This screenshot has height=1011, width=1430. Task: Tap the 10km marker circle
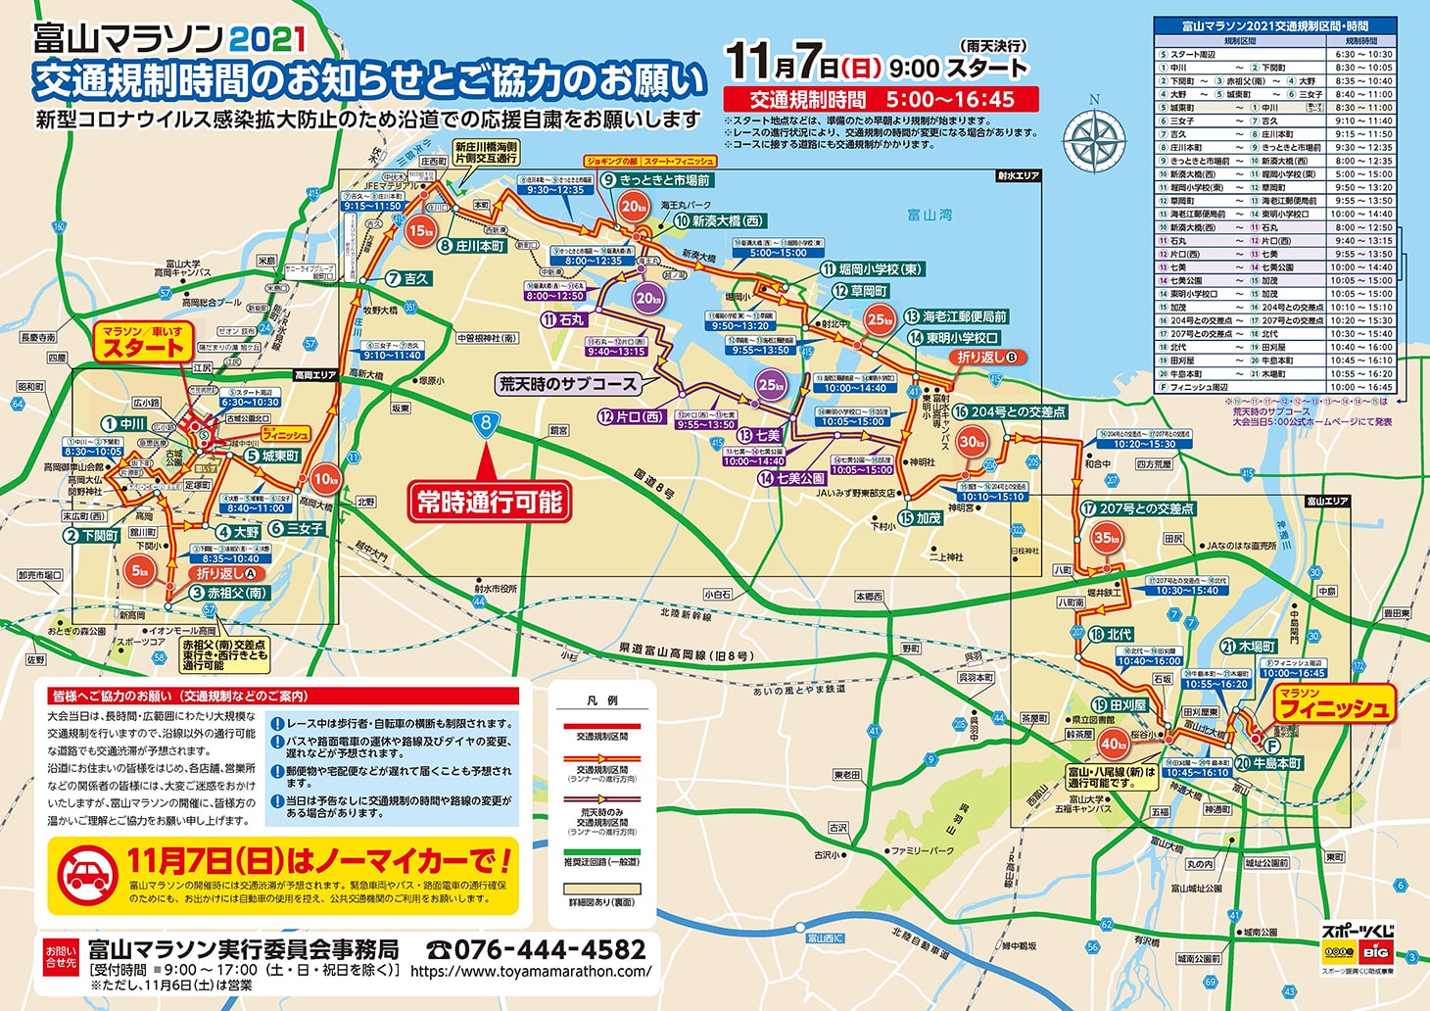pyautogui.click(x=325, y=479)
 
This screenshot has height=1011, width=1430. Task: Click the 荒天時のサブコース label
pyautogui.click(x=569, y=384)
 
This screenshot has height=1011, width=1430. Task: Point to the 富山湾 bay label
pyautogui.click(x=929, y=215)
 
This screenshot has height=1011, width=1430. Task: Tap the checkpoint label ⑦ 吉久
pyautogui.click(x=407, y=278)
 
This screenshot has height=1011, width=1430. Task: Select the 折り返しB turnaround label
pyautogui.click(x=989, y=358)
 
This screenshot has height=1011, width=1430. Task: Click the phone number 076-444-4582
pyautogui.click(x=537, y=949)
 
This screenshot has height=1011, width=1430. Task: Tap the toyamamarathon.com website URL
pyautogui.click(x=531, y=972)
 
